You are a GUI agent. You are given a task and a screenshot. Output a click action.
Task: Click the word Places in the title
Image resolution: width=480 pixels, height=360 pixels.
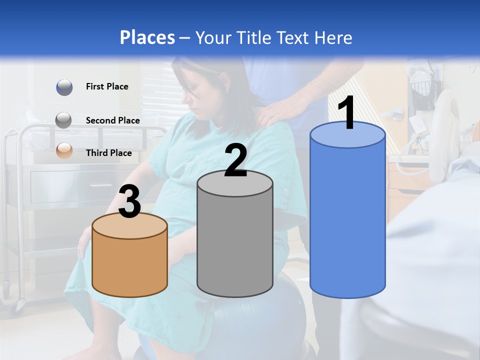pyautogui.click(x=147, y=37)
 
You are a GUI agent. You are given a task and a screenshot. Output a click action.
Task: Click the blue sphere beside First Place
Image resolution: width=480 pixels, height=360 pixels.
pyautogui.click(x=64, y=87)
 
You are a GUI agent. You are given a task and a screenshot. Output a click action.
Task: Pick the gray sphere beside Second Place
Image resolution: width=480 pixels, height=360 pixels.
pyautogui.click(x=64, y=120)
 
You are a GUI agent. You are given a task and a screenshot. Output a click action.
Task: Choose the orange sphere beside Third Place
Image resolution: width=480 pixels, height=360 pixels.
pyautogui.click(x=64, y=150)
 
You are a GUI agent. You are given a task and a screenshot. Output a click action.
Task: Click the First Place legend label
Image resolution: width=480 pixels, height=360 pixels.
pyautogui.click(x=107, y=86)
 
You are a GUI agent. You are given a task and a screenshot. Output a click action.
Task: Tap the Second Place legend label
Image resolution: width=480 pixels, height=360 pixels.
pyautogui.click(x=112, y=120)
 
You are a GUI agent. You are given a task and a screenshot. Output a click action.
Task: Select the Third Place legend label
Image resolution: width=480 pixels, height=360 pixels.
pyautogui.click(x=109, y=153)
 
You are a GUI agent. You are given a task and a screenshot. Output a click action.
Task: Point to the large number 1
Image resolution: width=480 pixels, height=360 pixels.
pyautogui.click(x=347, y=113)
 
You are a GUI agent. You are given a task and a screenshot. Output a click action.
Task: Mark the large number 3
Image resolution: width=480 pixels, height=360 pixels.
pyautogui.click(x=129, y=202)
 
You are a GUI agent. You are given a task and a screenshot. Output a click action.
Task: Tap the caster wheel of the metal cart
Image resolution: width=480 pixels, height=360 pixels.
pyautogui.click(x=20, y=303)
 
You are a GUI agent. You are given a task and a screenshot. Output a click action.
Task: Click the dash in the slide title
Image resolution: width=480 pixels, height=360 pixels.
pyautogui.click(x=184, y=38)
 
